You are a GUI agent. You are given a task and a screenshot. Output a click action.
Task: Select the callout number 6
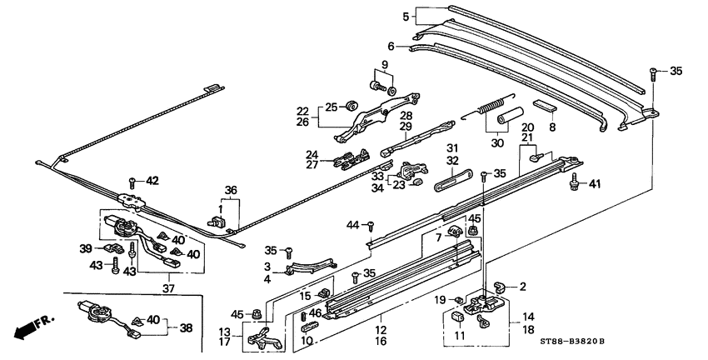click(x=391, y=47)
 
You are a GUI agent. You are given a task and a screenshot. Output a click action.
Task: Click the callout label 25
click(x=332, y=107)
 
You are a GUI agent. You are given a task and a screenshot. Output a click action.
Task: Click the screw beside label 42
click(x=132, y=182)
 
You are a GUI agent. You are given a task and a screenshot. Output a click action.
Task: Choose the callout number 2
click(x=522, y=287)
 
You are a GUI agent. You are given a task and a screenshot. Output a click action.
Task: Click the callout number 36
click(x=229, y=190)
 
